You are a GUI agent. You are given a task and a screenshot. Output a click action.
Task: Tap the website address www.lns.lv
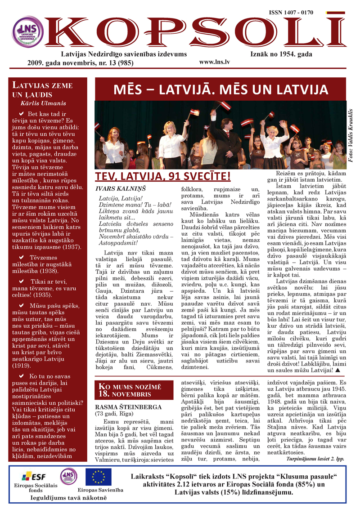(214, 63)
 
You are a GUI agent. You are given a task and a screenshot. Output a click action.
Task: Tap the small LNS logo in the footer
(68, 476)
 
